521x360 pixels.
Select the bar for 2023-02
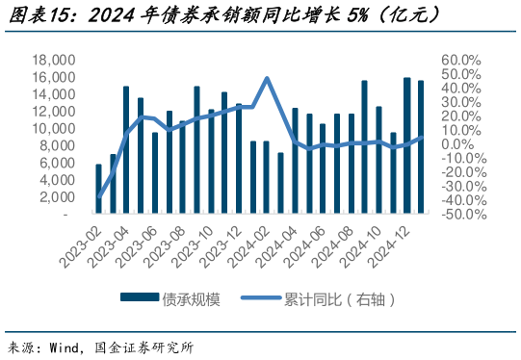pyautogui.click(x=99, y=189)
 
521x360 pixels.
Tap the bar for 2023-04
pyautogui.click(x=126, y=150)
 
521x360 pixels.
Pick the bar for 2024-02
pyautogui.click(x=267, y=177)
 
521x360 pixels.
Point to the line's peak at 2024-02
pyautogui.click(x=267, y=78)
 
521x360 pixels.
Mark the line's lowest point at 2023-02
pyautogui.click(x=99, y=197)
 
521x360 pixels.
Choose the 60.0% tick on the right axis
pyautogui.click(x=460, y=60)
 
